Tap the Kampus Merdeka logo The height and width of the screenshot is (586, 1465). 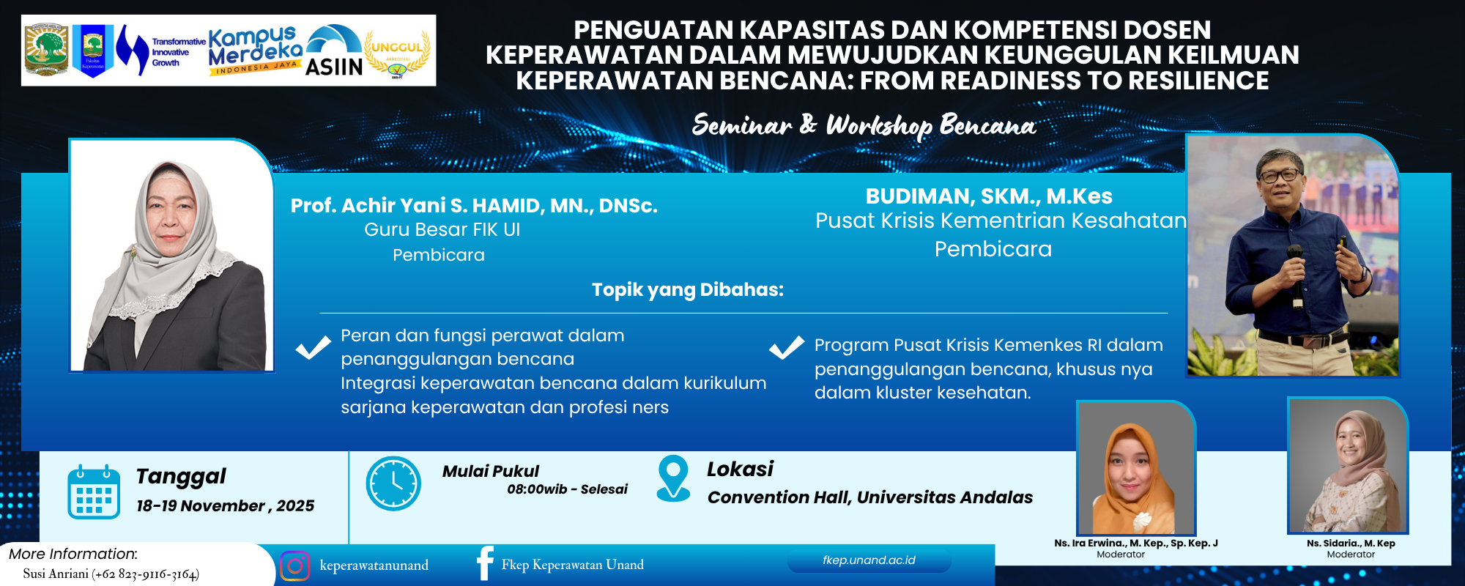(254, 50)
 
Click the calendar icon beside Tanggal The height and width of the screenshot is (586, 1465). (94, 492)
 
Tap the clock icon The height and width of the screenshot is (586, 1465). (393, 483)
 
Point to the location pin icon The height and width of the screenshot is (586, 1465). (673, 478)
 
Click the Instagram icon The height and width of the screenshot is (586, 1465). (294, 565)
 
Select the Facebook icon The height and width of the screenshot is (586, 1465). (485, 563)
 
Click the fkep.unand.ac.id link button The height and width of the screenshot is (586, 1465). (869, 560)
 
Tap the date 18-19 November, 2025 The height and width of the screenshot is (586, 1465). (225, 506)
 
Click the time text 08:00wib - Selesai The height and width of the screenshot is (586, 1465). (567, 489)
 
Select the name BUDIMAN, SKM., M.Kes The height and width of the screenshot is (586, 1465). (989, 196)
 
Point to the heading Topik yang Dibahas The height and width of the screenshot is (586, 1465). (687, 290)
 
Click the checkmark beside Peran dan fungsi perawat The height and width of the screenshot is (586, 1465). (313, 347)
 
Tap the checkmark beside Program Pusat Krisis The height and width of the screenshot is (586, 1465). (787, 347)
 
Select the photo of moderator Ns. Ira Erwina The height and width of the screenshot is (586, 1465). (1135, 469)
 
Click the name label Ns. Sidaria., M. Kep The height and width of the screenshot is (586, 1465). (1351, 544)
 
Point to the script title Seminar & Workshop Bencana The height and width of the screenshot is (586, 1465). (864, 126)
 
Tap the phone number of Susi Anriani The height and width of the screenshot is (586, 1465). (146, 574)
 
